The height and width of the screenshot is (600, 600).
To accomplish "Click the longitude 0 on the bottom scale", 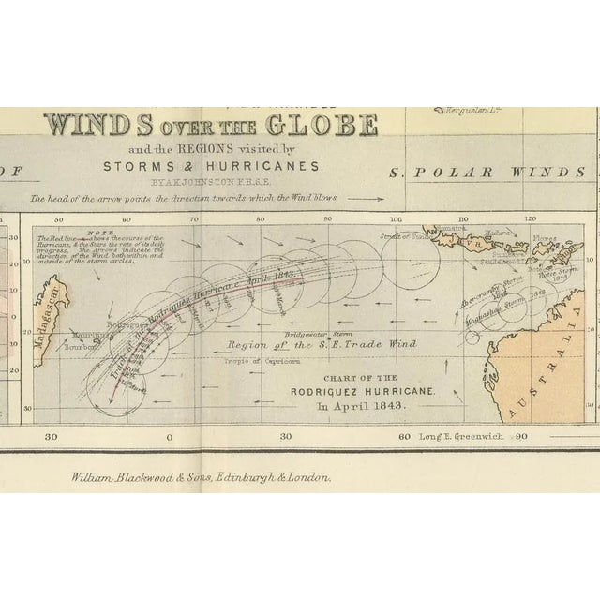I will pyautogui.click(x=169, y=437).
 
